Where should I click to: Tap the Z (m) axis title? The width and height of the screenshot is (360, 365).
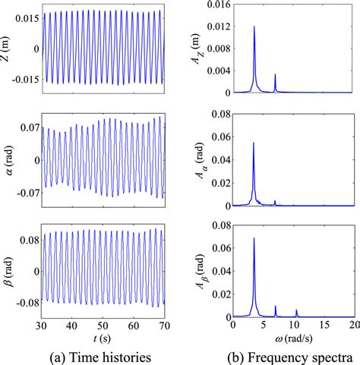8,49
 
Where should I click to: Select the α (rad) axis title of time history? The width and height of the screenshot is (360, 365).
8,161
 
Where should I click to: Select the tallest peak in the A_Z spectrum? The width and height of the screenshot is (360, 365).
254,27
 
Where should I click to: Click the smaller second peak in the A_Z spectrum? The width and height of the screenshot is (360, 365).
275,75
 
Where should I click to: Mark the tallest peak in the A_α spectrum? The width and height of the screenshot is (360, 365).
254,143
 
